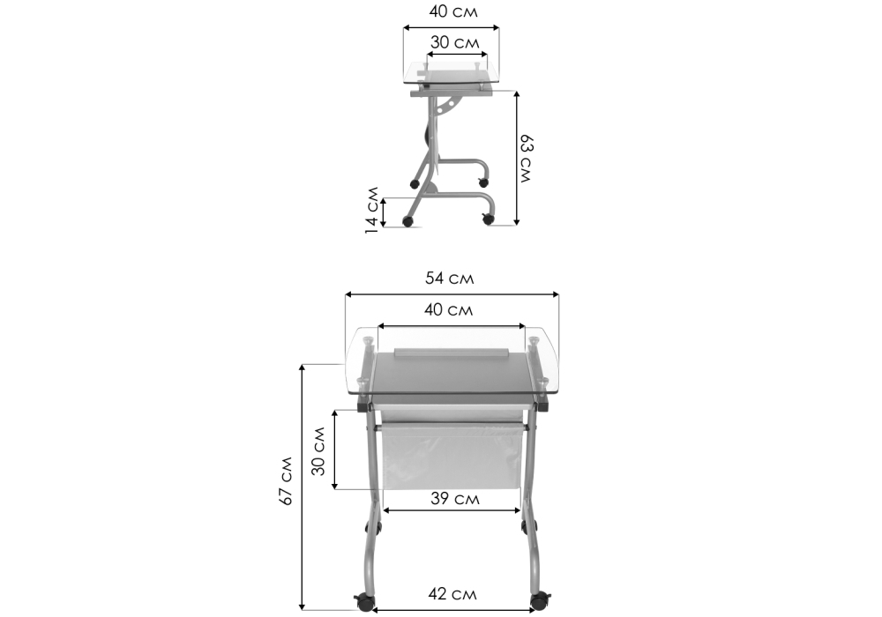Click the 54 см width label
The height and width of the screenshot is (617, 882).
tap(450, 279)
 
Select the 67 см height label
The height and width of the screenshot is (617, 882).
tap(287, 480)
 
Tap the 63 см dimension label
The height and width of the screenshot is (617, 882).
tap(526, 159)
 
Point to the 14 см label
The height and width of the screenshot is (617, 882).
tap(371, 210)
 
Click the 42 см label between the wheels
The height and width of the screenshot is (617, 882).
tap(452, 593)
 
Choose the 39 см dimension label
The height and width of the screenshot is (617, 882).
tap(455, 498)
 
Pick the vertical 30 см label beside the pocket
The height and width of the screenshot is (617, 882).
tap(318, 451)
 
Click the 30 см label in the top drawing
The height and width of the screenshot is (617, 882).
tap(455, 42)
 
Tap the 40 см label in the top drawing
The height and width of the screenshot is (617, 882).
tap(453, 11)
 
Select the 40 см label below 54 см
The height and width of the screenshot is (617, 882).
tap(448, 309)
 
